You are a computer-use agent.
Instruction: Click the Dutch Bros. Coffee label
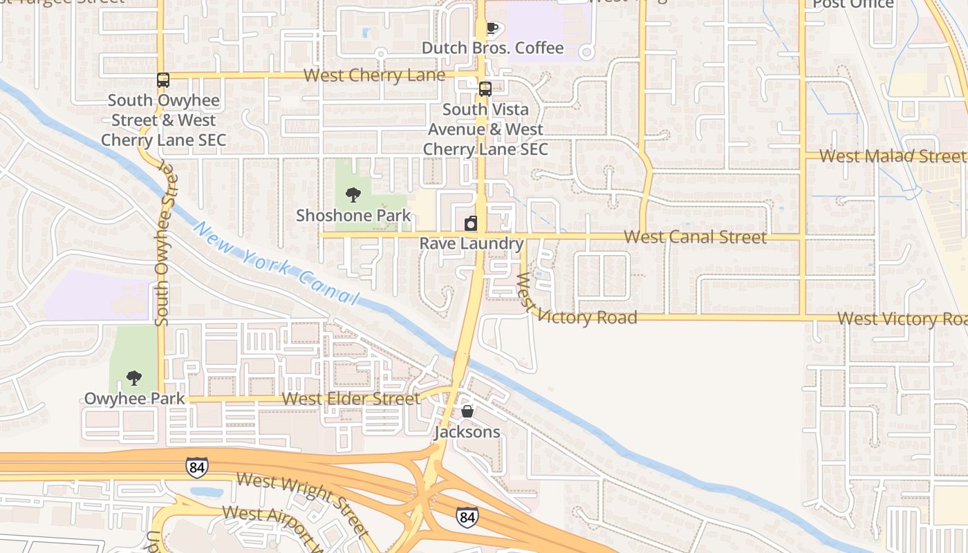coord(492,48)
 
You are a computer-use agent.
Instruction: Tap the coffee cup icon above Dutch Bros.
coord(492,28)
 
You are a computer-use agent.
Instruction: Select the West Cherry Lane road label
coord(374,75)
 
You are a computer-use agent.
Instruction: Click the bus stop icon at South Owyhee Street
coord(163,80)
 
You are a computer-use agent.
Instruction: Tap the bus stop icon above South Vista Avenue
coord(485,89)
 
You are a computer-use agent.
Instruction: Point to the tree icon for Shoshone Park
coord(353,195)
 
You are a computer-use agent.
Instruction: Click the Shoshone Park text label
coord(353,215)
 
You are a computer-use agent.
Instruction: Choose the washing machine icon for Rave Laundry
coord(471,223)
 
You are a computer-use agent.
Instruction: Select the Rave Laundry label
coord(472,243)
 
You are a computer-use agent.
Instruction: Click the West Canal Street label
coord(695,237)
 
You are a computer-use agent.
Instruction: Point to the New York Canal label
coord(277,263)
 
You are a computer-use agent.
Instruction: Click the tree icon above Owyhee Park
coord(134,378)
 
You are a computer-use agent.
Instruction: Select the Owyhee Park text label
coord(134,398)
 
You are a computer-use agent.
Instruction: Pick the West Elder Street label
coord(351,399)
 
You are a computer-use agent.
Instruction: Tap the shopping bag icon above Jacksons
coord(467,412)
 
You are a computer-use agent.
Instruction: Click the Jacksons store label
coord(467,432)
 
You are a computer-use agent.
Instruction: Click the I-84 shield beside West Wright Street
coord(197,467)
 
